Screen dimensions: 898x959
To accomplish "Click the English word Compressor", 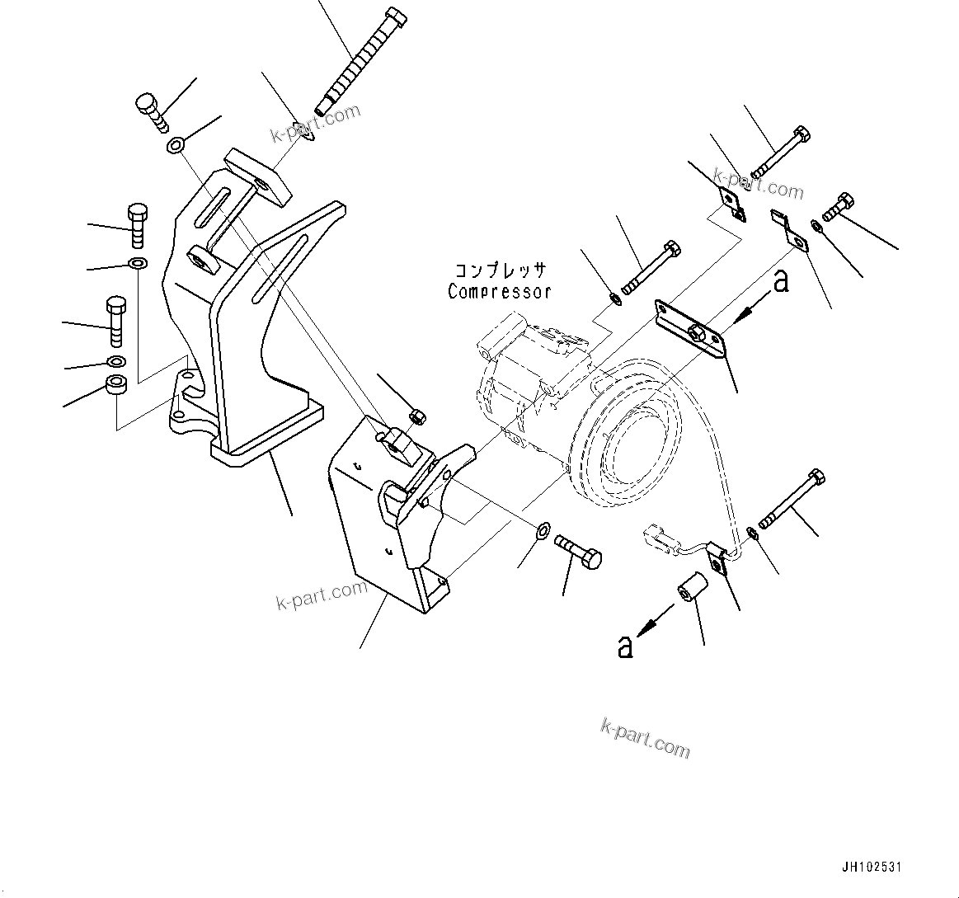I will pos(499,291).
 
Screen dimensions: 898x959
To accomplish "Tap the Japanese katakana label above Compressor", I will pos(499,270).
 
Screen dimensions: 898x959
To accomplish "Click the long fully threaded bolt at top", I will pos(360,63).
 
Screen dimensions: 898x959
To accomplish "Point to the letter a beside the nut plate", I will pos(780,281).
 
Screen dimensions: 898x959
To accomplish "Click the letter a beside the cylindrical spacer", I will pos(626,646).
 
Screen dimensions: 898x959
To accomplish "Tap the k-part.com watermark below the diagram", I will pos(645,736).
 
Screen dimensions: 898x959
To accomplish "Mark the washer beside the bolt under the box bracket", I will pos(543,529).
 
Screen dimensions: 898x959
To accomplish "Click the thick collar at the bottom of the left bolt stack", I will pos(115,385).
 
